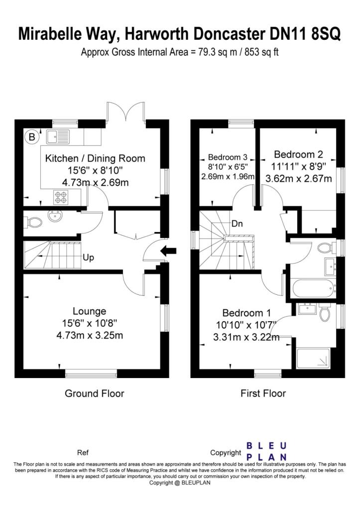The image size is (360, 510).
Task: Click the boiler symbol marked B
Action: [x=32, y=136]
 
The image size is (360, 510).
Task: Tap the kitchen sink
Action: [x=58, y=136]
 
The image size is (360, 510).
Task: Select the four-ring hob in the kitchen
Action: [x=61, y=197]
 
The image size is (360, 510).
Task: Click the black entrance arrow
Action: [x=168, y=251]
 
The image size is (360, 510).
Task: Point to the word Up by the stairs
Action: [x=89, y=257]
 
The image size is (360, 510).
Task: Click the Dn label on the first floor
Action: [x=237, y=224]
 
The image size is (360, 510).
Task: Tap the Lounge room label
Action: [x=90, y=311]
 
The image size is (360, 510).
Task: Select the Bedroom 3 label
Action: [x=228, y=157]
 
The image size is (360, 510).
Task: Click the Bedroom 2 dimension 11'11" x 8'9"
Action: [x=299, y=166]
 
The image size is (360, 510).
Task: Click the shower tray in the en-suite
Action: [x=313, y=359]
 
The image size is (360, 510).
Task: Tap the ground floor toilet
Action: [x=33, y=223]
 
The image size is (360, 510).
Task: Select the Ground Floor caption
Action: [x=95, y=393]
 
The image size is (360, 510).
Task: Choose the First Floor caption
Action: [x=263, y=393]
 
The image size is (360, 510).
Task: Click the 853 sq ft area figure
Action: [x=261, y=52]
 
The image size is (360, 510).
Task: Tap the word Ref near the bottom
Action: [x=83, y=452]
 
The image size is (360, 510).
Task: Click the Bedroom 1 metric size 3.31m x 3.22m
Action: [x=246, y=337]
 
